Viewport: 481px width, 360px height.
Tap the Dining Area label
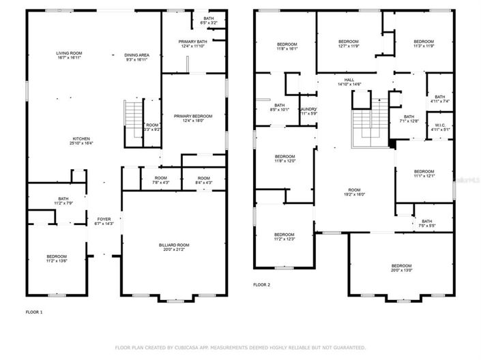[137, 55]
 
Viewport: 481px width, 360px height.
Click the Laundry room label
[308, 111]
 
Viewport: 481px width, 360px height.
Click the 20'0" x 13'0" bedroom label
[401, 267]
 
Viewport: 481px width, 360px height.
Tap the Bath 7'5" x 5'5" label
[427, 223]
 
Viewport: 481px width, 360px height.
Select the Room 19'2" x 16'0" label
[353, 192]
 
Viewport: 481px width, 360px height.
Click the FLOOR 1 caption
[34, 312]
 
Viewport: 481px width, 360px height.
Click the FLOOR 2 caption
[261, 284]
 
